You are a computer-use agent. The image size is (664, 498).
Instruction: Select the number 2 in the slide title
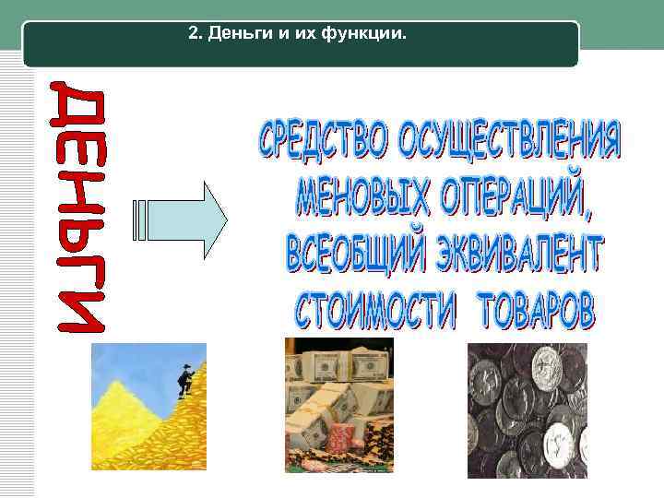click(x=193, y=34)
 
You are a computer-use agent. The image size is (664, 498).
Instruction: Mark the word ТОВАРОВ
click(x=536, y=311)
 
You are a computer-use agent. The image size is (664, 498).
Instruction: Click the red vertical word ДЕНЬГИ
click(x=82, y=207)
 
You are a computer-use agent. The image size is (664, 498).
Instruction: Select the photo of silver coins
click(x=527, y=410)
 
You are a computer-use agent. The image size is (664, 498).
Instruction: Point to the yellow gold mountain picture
click(x=138, y=424)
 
